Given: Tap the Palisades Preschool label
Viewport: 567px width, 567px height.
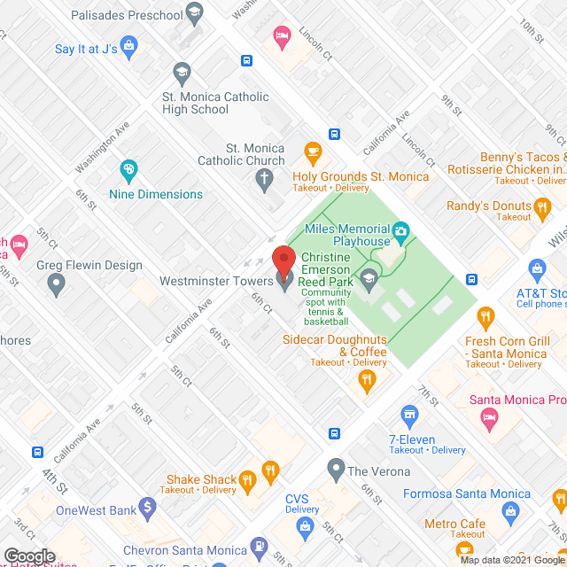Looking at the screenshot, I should pyautogui.click(x=127, y=14).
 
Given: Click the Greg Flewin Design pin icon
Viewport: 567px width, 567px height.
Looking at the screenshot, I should pyautogui.click(x=58, y=285).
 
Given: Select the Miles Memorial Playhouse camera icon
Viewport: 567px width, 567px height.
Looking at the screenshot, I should pyautogui.click(x=400, y=233).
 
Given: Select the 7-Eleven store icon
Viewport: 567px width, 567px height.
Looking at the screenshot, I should pyautogui.click(x=409, y=414).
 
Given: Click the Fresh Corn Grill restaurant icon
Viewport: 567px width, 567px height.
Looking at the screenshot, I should pyautogui.click(x=485, y=316).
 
